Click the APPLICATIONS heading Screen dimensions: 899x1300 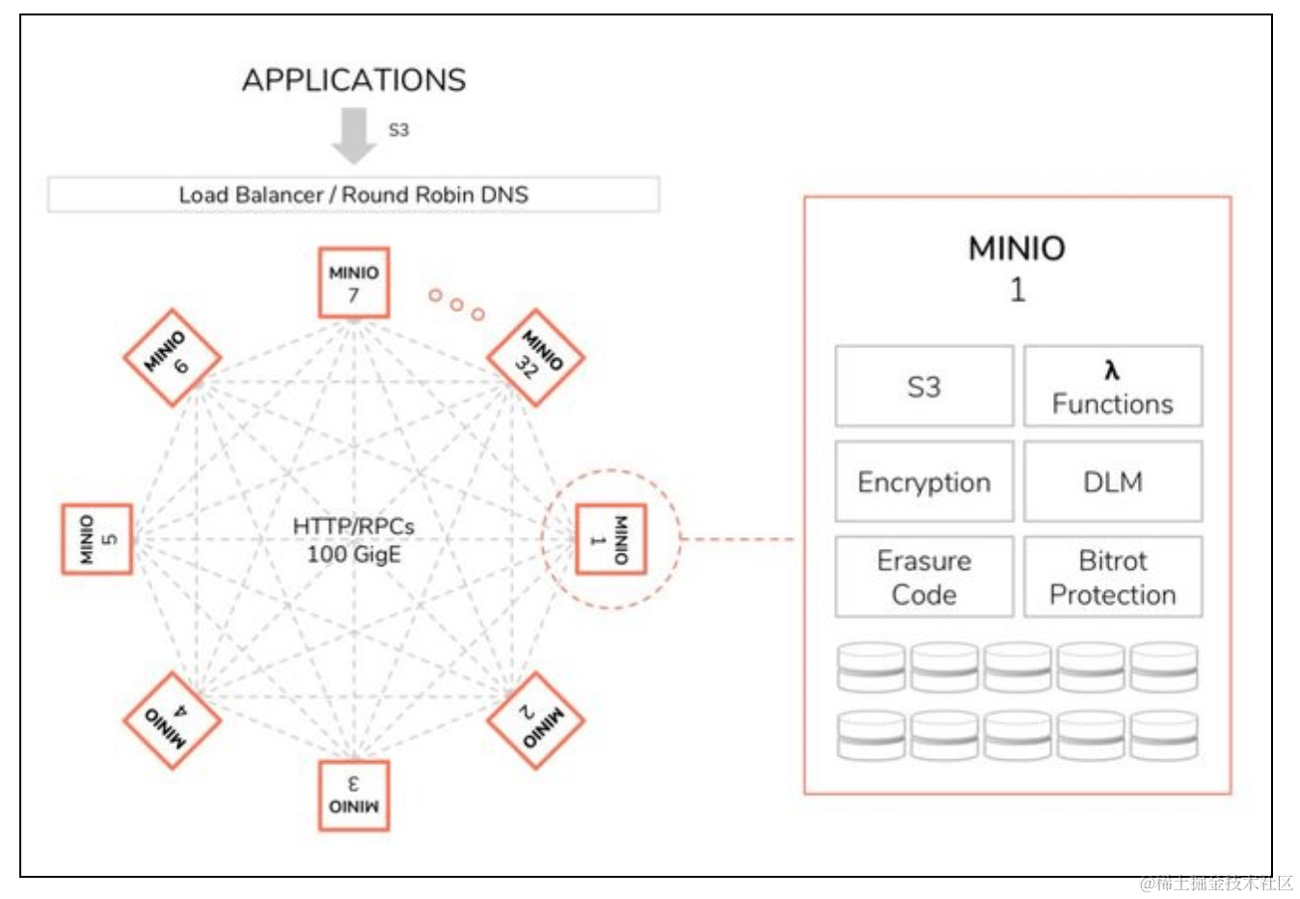click(x=354, y=80)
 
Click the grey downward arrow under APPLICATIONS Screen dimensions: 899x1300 click(x=354, y=135)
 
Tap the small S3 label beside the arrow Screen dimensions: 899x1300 click(x=398, y=129)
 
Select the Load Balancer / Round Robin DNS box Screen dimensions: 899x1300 click(x=354, y=194)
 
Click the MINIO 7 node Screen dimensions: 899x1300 click(x=354, y=283)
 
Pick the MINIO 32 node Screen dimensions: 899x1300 click(x=535, y=357)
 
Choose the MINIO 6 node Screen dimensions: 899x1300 click(x=173, y=357)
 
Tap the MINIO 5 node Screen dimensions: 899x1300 click(x=97, y=538)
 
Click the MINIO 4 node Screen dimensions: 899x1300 click(x=173, y=721)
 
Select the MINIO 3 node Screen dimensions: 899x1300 click(x=354, y=796)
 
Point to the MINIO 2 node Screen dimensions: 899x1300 click(x=535, y=721)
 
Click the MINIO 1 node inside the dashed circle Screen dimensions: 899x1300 click(x=610, y=539)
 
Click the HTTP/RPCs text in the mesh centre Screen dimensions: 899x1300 click(x=354, y=527)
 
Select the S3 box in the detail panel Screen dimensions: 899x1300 click(x=924, y=386)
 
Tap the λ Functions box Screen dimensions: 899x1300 click(x=1112, y=386)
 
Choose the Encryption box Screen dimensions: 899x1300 click(x=924, y=481)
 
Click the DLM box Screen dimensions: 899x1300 click(x=1112, y=481)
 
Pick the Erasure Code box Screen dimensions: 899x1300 click(x=924, y=577)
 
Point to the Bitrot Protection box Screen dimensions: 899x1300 click(x=1112, y=577)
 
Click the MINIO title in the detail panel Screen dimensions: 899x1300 click(x=1016, y=249)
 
